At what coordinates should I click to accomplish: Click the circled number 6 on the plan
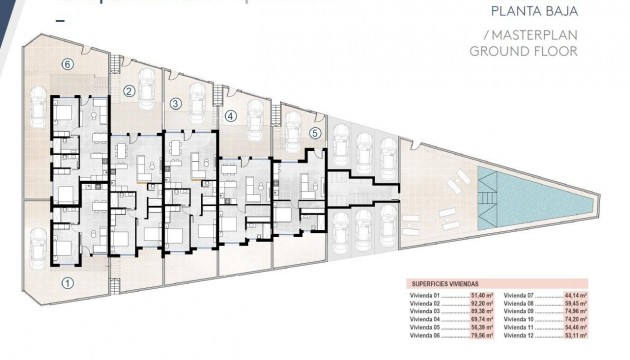(x=67, y=64)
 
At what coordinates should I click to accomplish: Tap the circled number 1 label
(x=67, y=283)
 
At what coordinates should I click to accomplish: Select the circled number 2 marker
(x=129, y=91)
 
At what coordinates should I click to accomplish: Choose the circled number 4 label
(x=230, y=116)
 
